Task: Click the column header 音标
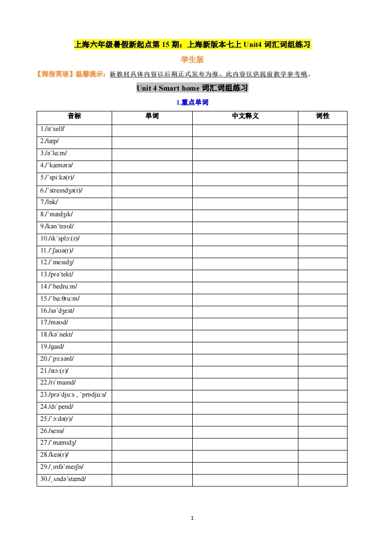(x=74, y=116)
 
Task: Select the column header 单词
(x=152, y=116)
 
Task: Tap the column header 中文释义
(x=245, y=116)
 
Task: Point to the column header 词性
(x=323, y=116)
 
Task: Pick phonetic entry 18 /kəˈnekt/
(x=57, y=335)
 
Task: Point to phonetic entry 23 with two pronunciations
(x=73, y=395)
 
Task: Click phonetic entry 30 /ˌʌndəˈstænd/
(x=63, y=479)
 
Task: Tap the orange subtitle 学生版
(x=192, y=60)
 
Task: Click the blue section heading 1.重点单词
(x=192, y=103)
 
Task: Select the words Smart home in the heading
(x=179, y=88)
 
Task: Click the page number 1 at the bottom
(x=192, y=518)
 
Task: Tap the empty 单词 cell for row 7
(x=152, y=202)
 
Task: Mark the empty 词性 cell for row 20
(x=323, y=359)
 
